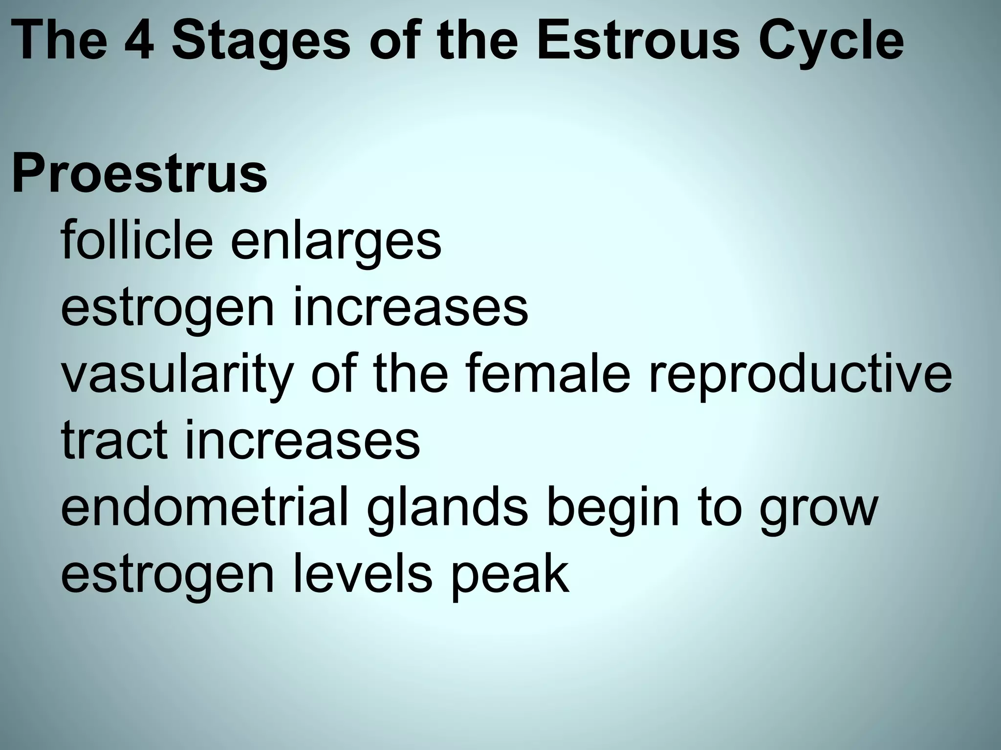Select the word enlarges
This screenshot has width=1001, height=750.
336,241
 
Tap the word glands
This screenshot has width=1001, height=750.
447,508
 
